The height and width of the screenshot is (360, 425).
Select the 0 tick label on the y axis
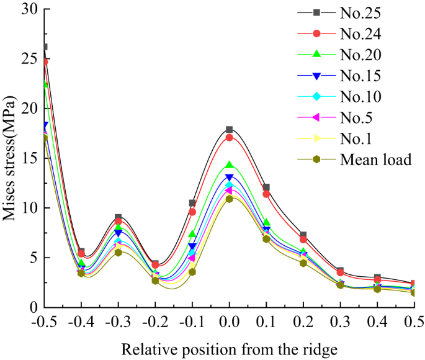[x=34, y=307]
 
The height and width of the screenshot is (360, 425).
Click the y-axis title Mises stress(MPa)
[x=11, y=158]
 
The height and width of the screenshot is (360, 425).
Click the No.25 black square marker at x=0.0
[x=230, y=130]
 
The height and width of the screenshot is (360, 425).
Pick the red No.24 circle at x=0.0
[x=230, y=137]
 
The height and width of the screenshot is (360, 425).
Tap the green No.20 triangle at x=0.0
[x=230, y=165]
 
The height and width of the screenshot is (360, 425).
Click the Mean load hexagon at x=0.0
[x=230, y=199]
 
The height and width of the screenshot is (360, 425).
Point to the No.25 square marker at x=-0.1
[x=192, y=203]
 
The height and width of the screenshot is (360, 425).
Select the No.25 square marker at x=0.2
[x=303, y=235]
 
